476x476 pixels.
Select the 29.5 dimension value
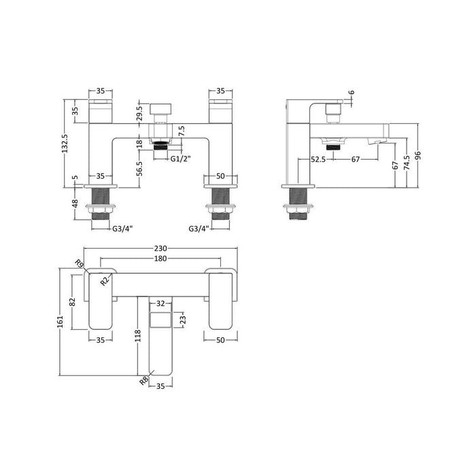(139, 112)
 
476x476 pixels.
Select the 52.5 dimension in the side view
(318, 160)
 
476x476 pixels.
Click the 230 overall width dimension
(160, 248)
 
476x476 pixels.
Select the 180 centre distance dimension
(160, 260)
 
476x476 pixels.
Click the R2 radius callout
(105, 281)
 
